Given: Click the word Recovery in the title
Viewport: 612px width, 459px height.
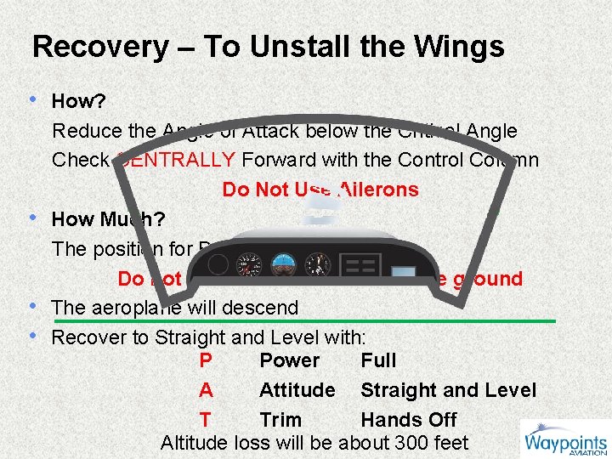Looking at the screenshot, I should pyautogui.click(x=100, y=47).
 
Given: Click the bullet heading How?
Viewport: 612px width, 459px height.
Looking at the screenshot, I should pyautogui.click(x=78, y=102).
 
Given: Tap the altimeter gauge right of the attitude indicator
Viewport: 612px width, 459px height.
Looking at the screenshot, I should pyautogui.click(x=319, y=263).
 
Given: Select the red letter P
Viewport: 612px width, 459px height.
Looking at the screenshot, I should pyautogui.click(x=205, y=360).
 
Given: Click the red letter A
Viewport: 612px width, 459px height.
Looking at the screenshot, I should pyautogui.click(x=205, y=390).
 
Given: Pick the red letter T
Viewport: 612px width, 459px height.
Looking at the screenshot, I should pyautogui.click(x=205, y=420).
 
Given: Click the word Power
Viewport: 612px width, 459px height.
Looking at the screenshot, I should pyautogui.click(x=289, y=360).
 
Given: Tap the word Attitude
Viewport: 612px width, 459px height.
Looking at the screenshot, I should pyautogui.click(x=297, y=390).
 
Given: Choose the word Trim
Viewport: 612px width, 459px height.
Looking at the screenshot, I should pyautogui.click(x=280, y=420).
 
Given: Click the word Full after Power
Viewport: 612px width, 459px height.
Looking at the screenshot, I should pyautogui.click(x=378, y=360).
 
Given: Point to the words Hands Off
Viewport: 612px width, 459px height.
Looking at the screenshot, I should pyautogui.click(x=408, y=420).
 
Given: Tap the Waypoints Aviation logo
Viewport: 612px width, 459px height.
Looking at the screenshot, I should pyautogui.click(x=564, y=439).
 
